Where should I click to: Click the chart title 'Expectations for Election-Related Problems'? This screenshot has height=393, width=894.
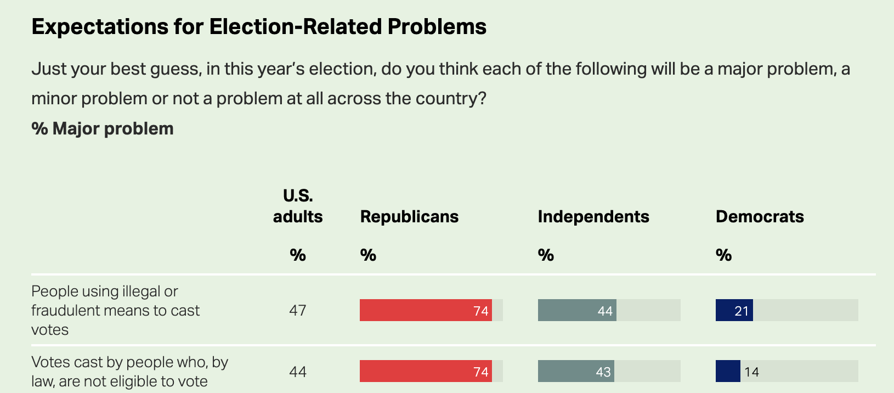pyautogui.click(x=259, y=27)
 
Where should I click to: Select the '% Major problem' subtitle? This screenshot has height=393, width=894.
pyautogui.click(x=103, y=128)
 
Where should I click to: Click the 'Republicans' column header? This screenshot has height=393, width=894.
pyautogui.click(x=409, y=217)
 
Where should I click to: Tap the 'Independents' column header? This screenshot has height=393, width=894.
pyautogui.click(x=593, y=217)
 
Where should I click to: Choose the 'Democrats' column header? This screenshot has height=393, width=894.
pyautogui.click(x=760, y=217)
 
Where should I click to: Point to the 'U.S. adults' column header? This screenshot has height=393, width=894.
pyautogui.click(x=298, y=206)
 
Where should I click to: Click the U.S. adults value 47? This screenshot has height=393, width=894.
pyautogui.click(x=298, y=311)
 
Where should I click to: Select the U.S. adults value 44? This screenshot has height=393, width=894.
pyautogui.click(x=298, y=372)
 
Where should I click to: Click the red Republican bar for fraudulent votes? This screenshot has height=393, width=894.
pyautogui.click(x=426, y=310)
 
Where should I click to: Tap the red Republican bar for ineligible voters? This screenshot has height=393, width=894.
pyautogui.click(x=426, y=371)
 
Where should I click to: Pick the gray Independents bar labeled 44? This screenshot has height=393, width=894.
pyautogui.click(x=577, y=310)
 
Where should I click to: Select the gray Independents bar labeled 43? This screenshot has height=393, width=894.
pyautogui.click(x=576, y=371)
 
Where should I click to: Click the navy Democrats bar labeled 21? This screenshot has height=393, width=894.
pyautogui.click(x=734, y=310)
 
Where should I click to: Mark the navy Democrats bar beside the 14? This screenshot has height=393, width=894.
pyautogui.click(x=728, y=371)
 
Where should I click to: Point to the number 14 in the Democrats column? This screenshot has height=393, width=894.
pyautogui.click(x=751, y=372)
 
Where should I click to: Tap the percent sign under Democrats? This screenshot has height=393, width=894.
pyautogui.click(x=723, y=255)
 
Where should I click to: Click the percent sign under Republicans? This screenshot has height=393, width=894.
pyautogui.click(x=368, y=255)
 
